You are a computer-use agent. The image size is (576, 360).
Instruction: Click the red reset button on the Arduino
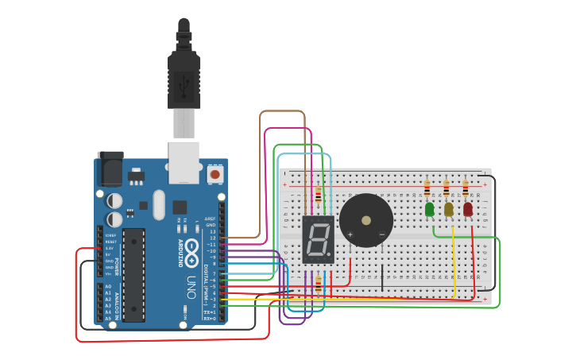point(215,172)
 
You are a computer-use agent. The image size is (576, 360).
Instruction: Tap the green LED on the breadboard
point(430,209)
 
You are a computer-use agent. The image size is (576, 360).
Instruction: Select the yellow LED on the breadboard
point(449,209)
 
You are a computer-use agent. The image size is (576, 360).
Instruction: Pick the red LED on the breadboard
point(468,209)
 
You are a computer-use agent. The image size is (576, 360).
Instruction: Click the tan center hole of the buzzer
point(366,220)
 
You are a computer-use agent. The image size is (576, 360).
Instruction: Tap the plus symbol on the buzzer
point(350,234)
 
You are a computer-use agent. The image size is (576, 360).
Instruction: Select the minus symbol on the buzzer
point(381,234)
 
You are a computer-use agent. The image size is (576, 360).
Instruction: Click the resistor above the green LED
point(427,189)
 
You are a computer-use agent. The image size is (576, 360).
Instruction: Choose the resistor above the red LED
point(466,189)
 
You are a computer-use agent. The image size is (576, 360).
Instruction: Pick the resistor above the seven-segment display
point(319,195)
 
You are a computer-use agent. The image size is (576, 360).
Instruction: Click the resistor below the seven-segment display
point(319,284)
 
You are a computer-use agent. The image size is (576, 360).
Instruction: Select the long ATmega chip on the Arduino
point(133,274)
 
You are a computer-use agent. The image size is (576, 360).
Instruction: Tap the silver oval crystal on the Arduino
point(158,205)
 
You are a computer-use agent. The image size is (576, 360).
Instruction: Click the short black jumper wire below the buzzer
point(382,277)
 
